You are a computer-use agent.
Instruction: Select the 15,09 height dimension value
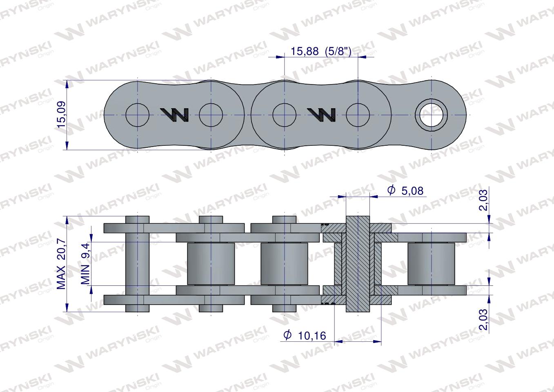tap(61, 115)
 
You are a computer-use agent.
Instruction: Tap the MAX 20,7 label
tap(61, 265)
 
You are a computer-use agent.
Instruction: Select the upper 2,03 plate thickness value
tap(483, 202)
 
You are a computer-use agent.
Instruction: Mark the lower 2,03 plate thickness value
tap(483, 321)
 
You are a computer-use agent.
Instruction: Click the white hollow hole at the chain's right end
tap(431, 115)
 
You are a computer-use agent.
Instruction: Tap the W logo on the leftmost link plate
tap(174, 115)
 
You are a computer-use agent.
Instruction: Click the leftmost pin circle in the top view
tap(138, 115)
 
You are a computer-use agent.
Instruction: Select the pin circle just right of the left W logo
tap(211, 115)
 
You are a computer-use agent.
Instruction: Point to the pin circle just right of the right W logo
tap(358, 115)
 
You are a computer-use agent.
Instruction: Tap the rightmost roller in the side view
tap(431, 264)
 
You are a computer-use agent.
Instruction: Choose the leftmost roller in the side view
tap(211, 264)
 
